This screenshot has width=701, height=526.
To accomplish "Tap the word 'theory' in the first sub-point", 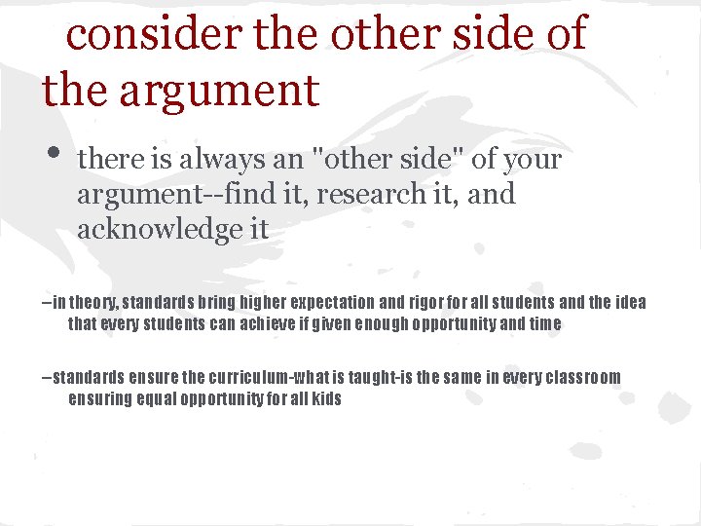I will [x=95, y=303].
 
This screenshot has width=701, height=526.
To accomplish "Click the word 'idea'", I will [x=630, y=303].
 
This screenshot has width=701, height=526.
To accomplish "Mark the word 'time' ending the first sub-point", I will [x=545, y=323].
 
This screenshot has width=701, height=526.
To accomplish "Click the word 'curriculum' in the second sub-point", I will [x=233, y=377].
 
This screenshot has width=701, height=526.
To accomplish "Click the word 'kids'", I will [x=325, y=398].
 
